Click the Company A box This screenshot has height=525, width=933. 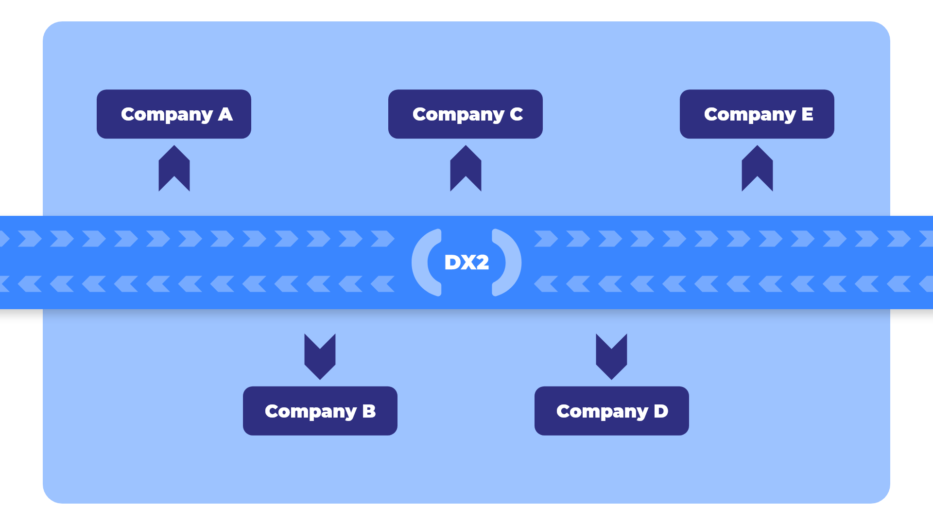click(x=173, y=114)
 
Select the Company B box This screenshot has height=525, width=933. click(x=320, y=411)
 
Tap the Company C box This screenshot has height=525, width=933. click(x=465, y=114)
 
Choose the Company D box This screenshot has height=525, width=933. click(x=611, y=411)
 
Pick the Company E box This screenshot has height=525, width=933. click(x=757, y=114)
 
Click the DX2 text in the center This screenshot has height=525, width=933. click(x=466, y=262)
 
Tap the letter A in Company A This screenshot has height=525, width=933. click(x=225, y=114)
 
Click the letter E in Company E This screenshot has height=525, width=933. click(x=807, y=114)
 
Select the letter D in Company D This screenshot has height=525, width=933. click(x=661, y=411)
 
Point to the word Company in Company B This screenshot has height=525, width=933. click(x=311, y=412)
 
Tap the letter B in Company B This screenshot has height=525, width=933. click(x=369, y=411)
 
